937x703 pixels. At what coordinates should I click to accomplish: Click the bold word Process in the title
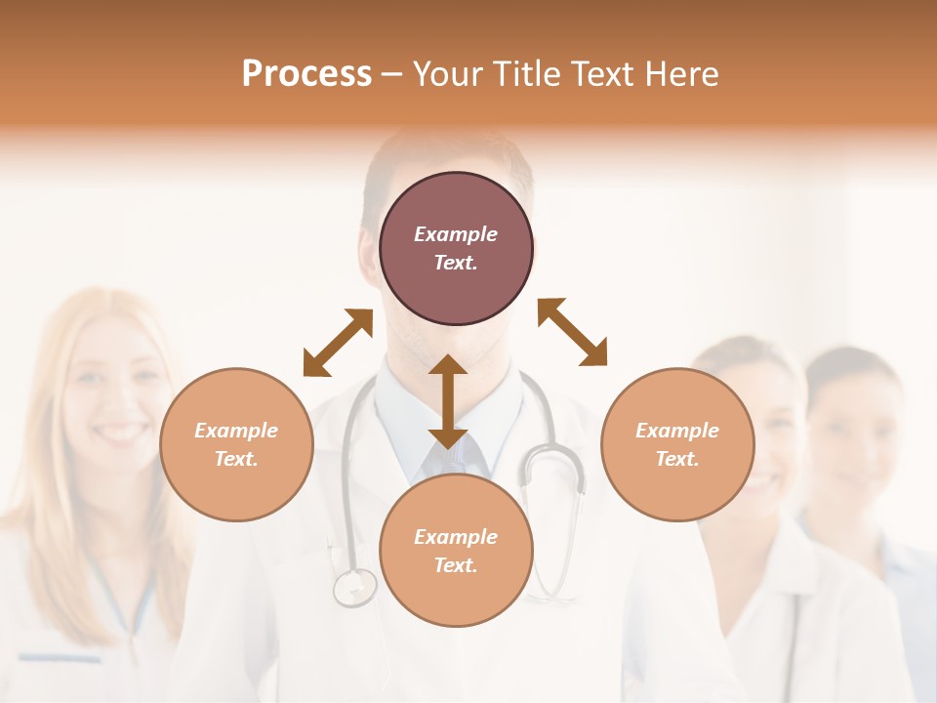point(306,74)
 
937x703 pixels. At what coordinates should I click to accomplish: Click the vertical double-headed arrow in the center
point(447,401)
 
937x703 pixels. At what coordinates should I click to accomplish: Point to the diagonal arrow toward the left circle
point(338,342)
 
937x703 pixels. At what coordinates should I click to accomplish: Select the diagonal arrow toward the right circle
point(573,332)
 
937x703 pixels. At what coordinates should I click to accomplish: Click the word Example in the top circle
point(456,234)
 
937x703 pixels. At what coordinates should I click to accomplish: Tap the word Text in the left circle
point(236,459)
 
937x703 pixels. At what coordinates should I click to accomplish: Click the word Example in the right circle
point(677,431)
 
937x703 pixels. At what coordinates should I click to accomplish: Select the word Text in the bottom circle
point(456,565)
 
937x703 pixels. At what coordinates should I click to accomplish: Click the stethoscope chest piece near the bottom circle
point(353,587)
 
